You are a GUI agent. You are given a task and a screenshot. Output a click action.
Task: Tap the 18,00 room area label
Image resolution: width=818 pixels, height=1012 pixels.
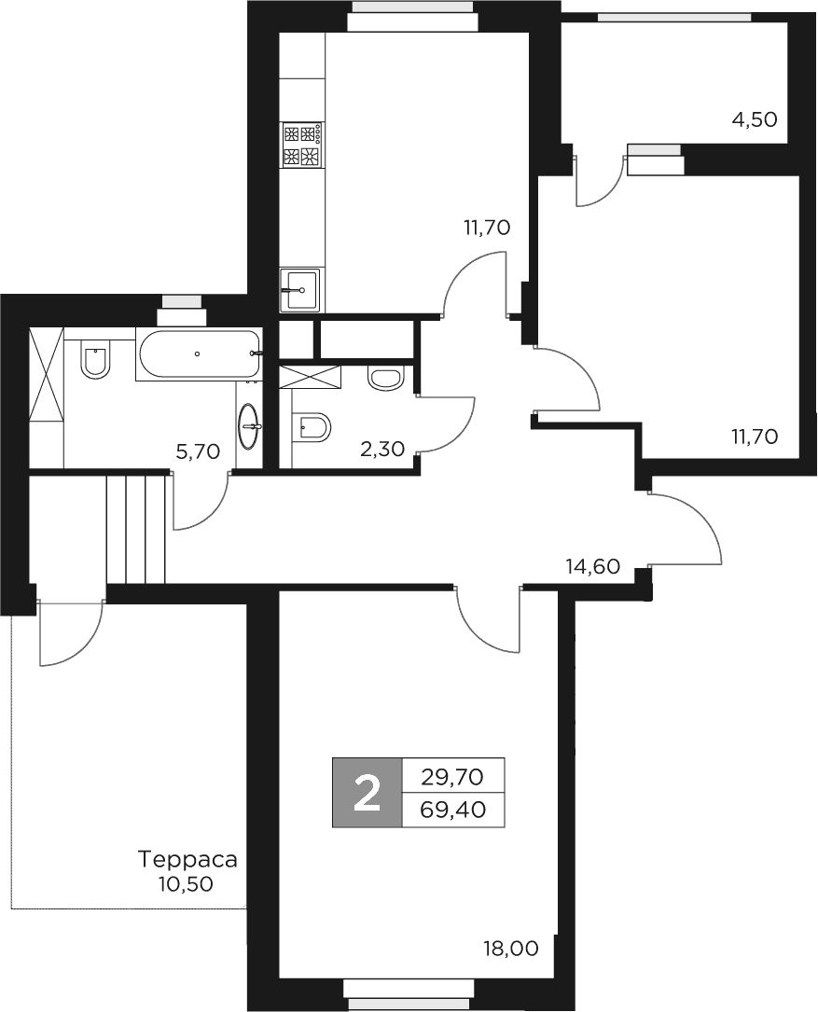coord(510,950)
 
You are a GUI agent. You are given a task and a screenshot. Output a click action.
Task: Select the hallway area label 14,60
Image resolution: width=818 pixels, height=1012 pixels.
coord(593,565)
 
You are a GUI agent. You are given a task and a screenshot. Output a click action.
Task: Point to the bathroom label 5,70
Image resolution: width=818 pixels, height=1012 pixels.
coord(197,453)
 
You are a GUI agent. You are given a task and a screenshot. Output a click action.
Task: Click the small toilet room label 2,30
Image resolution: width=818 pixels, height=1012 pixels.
coord(381,450)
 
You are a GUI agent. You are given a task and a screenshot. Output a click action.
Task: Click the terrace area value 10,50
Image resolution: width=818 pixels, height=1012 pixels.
coord(186,883)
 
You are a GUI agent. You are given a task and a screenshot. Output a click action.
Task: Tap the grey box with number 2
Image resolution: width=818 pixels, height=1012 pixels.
coord(367,793)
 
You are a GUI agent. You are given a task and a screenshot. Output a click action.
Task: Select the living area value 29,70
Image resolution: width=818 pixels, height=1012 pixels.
coord(452,775)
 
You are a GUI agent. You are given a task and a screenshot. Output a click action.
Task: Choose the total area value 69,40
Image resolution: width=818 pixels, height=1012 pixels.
coord(452,810)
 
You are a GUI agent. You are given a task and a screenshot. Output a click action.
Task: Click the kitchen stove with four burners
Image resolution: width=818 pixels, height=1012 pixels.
coord(301,146)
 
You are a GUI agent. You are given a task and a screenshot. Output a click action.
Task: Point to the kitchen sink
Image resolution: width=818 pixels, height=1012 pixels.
coord(299,290)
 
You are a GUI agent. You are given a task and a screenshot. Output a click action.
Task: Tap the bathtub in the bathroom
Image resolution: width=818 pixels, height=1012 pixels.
coord(198,354)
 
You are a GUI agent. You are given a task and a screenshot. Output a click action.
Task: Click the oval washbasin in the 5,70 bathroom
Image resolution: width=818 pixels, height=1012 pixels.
coord(249,427)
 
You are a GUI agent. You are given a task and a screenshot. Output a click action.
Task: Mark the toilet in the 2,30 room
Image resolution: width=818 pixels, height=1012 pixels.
coord(312,428)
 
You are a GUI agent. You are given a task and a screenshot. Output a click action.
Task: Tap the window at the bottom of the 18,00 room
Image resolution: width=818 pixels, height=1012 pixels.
coord(412,992)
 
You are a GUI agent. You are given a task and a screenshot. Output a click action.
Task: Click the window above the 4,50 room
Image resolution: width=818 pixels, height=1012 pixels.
coord(674,16)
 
